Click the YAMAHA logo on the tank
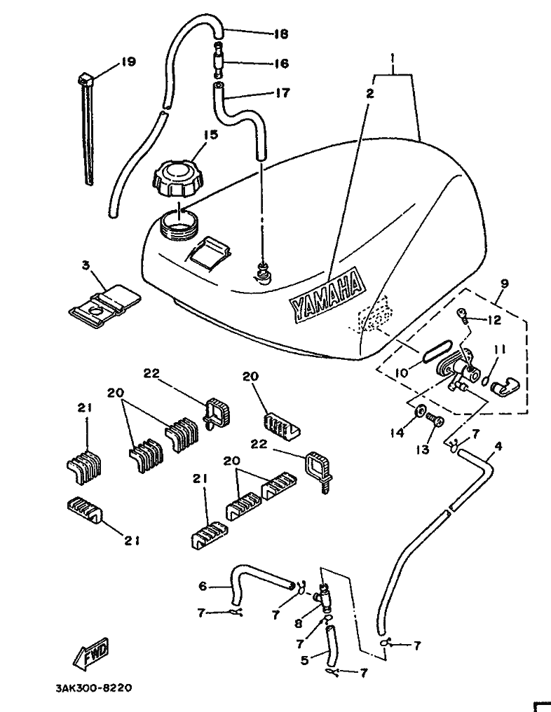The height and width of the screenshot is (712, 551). [x=328, y=295]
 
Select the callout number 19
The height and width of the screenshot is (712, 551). [x=127, y=62]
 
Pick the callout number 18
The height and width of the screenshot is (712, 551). [x=280, y=34]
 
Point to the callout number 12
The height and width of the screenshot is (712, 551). [x=494, y=321]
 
